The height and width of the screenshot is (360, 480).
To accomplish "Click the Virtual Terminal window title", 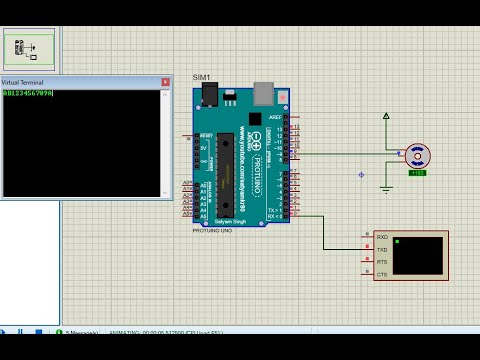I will tap(23, 82).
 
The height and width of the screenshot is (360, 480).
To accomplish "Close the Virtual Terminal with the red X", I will tap(165, 82).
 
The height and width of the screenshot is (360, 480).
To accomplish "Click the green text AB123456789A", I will tap(28, 93).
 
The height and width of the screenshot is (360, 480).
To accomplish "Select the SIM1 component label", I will tap(201, 77).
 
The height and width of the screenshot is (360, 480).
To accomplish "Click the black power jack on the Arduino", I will tap(209, 94).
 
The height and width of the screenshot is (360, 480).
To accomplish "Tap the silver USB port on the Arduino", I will tap(264, 92).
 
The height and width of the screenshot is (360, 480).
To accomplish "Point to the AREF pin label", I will tap(275, 117).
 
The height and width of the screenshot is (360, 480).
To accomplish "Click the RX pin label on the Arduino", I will tap(273, 215).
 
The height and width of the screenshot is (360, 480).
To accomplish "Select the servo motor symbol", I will tap(418, 155).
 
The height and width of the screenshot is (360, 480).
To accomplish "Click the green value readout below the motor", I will tap(417, 173).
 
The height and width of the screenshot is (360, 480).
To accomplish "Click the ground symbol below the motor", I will tap(386, 188).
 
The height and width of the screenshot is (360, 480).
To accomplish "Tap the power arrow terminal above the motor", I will tap(386, 117).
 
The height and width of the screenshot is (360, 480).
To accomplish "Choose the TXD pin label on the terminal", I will tap(382, 250).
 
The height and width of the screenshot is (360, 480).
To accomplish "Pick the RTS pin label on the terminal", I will tap(382, 262).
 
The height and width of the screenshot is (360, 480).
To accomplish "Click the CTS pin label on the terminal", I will tap(382, 274).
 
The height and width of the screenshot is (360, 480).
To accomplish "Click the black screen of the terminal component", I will tap(418, 255).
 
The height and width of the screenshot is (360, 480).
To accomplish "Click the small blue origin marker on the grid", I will tap(361, 175).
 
